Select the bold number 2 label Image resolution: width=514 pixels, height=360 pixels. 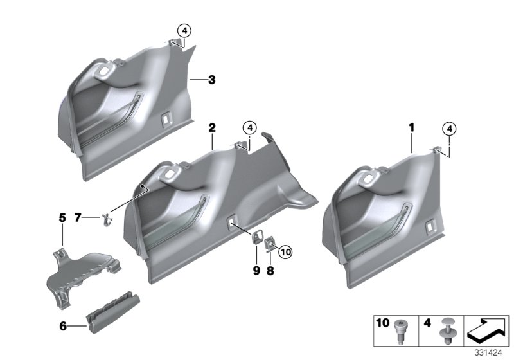pos(211,127)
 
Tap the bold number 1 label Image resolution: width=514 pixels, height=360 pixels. pos(411,129)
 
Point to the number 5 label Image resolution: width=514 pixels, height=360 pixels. pos(62,218)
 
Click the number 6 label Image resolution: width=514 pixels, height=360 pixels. pos(63,327)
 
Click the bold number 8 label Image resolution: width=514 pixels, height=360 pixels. pos(270,271)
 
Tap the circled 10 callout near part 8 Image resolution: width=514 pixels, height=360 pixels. pos(285,252)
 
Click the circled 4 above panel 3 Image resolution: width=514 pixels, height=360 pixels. pos(184,30)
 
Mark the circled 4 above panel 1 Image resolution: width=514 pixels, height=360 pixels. pos(450,129)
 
